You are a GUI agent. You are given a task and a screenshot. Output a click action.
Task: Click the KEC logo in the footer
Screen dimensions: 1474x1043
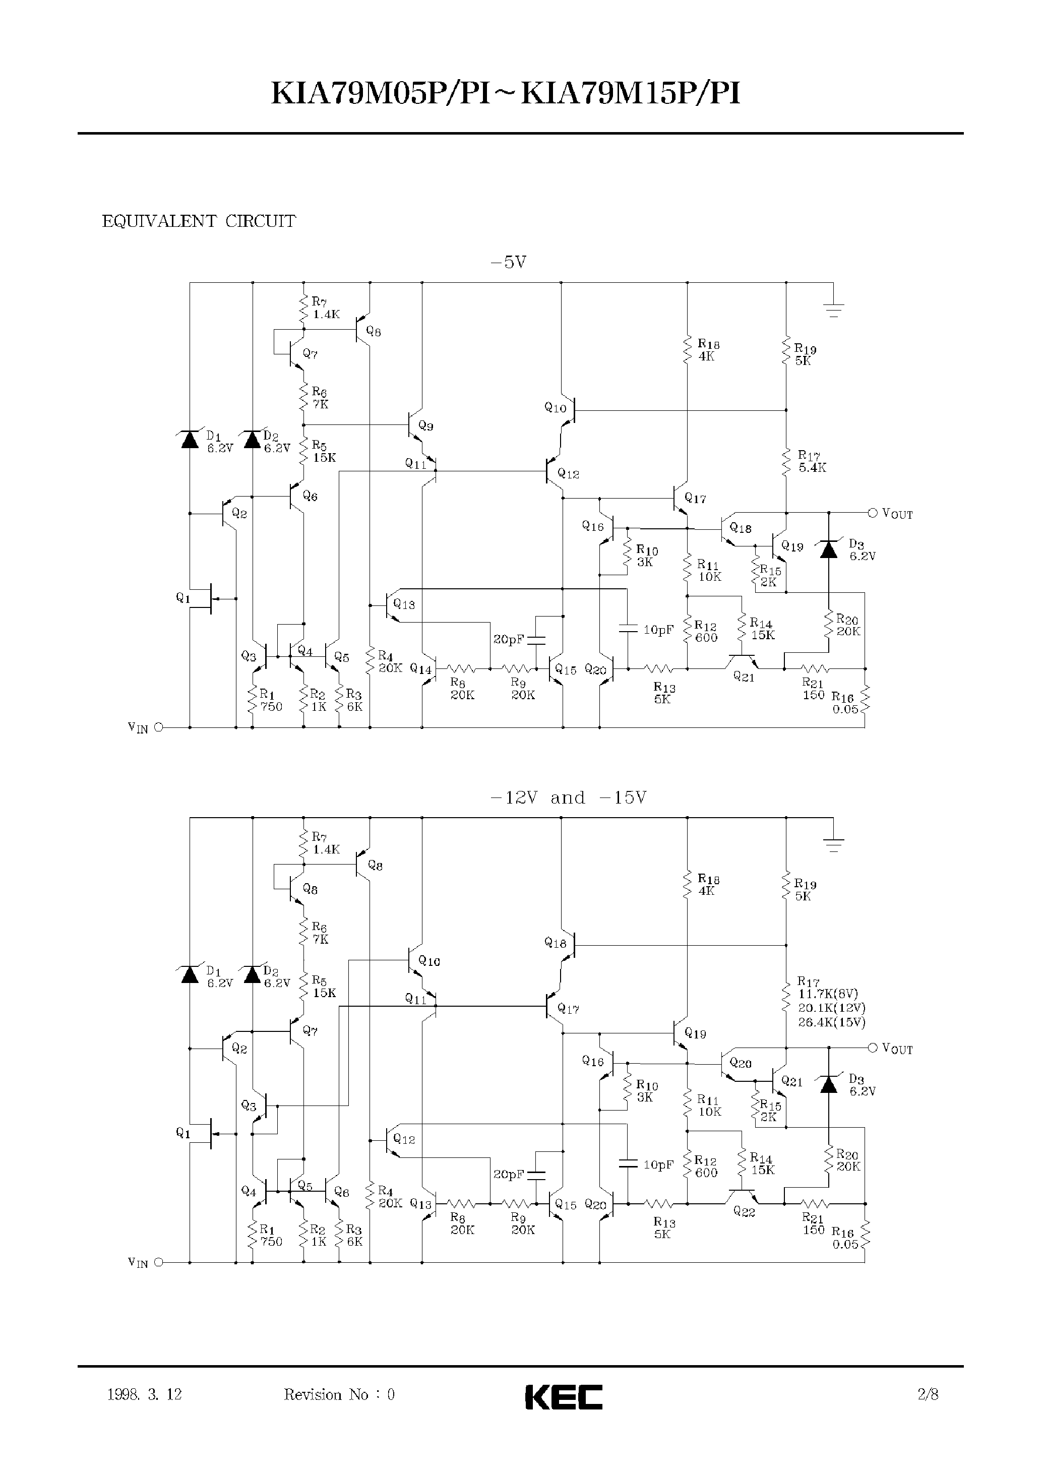coord(563,1397)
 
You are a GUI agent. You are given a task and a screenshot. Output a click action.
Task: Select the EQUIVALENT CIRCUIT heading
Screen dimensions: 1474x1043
coord(199,222)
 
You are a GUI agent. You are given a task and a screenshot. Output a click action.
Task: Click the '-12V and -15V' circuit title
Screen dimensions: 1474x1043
coord(568,797)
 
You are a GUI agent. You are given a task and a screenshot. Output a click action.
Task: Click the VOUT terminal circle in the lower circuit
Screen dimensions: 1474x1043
coord(872,1048)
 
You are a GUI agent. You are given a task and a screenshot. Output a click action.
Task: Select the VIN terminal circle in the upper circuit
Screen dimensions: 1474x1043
coord(159,728)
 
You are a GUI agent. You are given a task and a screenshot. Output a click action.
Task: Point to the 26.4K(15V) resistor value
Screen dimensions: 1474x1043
coord(832,1022)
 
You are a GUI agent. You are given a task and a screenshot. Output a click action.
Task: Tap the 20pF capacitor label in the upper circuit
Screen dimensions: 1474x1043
coord(508,640)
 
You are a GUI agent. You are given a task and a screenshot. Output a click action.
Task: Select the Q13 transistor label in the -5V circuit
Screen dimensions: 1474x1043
coord(404,604)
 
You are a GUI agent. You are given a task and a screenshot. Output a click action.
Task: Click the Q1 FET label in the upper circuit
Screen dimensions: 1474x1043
coord(183,598)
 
